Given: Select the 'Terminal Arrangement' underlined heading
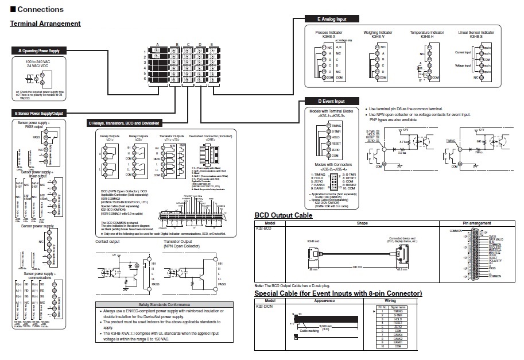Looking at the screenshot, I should click(45, 24).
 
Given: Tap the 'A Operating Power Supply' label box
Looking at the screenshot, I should click(39, 51).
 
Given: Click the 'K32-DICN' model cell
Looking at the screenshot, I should click(263, 307).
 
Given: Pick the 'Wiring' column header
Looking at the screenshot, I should click(390, 300).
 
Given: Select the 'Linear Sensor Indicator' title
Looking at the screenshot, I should click(476, 33).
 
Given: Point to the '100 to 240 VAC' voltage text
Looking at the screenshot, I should click(38, 61).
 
